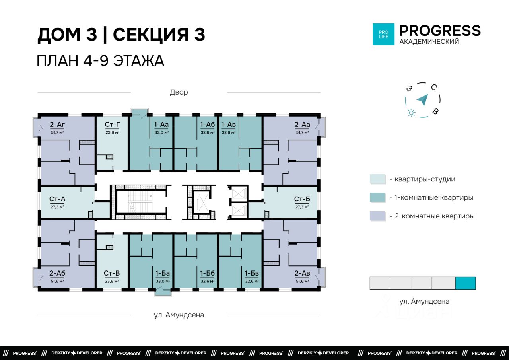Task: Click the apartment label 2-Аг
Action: coord(57,125)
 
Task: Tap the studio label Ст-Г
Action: coord(112,125)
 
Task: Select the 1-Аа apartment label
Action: coord(161,125)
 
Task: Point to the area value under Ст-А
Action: coord(57,207)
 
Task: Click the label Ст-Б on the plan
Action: coord(302,199)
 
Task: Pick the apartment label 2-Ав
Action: coord(302,273)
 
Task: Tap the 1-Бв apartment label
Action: coord(252,273)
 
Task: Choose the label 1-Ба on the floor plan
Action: coord(163,273)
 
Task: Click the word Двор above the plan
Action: coord(179,92)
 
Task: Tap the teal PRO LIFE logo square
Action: coord(384,34)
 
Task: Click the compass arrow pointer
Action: coord(423,100)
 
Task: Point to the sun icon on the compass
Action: coord(411,113)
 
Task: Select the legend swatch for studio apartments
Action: coord(378,179)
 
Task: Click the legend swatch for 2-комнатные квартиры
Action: coord(378,216)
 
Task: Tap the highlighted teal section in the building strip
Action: coord(465,283)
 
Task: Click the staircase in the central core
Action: coord(140,202)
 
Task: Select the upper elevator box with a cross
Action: coord(238,194)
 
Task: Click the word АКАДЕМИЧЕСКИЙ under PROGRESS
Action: coord(429,42)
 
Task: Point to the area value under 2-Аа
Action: coord(302,132)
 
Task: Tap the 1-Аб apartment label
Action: coord(208,125)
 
